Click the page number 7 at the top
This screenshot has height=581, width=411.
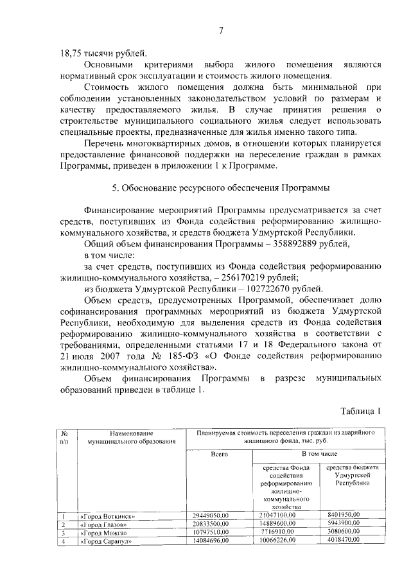pyautogui.click(x=220, y=30)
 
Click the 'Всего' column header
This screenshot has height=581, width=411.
pyautogui.click(x=220, y=454)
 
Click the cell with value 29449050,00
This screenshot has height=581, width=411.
pyautogui.click(x=216, y=516)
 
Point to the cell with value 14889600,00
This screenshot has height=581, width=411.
pyautogui.click(x=277, y=524)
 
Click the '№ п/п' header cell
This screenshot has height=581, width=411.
pyautogui.click(x=64, y=437)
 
